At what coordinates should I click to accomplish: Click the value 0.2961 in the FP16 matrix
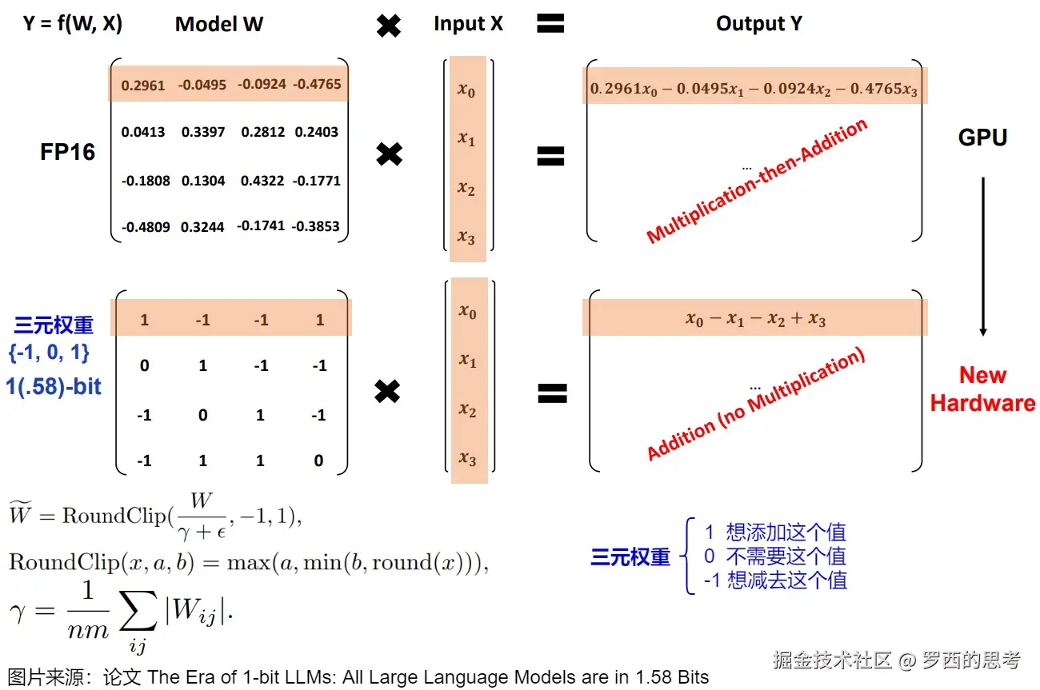coord(143,84)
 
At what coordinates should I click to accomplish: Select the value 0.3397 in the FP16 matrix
coord(203,132)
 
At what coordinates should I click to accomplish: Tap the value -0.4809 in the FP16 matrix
coord(146,226)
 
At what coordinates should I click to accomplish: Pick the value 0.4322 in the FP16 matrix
coord(262,181)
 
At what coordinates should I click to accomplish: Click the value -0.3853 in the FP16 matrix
coord(316,226)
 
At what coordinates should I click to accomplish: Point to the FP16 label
coord(67,152)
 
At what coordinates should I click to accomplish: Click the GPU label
coord(982,138)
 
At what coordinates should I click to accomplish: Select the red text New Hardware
coord(982,389)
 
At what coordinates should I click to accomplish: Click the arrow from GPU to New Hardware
coord(983,256)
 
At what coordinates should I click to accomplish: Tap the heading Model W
coord(219,24)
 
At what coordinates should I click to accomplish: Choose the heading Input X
coord(468,24)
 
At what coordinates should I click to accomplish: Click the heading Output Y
coord(758,24)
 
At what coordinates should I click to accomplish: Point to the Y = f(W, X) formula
coord(72,24)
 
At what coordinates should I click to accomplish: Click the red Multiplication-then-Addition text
coord(757,181)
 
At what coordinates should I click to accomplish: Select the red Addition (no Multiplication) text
coord(757,408)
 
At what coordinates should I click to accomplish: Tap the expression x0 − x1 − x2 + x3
coord(755,319)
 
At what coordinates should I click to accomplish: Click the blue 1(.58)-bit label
coord(54,386)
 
